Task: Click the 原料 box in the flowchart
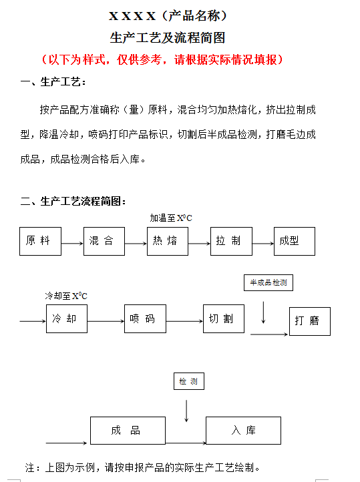click(40, 241)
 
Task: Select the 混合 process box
click(104, 241)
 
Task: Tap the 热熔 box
click(168, 241)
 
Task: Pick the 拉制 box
click(231, 241)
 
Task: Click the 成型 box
click(295, 241)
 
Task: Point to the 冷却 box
click(67, 318)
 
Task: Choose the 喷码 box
click(145, 318)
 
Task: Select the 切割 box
click(224, 318)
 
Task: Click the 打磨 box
click(310, 321)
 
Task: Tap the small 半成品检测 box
click(268, 282)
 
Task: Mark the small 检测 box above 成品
click(189, 381)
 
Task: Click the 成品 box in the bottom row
click(128, 431)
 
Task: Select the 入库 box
click(243, 431)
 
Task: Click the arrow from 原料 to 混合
click(73, 244)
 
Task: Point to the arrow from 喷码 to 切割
click(184, 321)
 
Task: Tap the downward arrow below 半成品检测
click(263, 312)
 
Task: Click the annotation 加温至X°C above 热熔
click(171, 218)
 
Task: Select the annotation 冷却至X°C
click(66, 296)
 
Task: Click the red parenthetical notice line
click(162, 59)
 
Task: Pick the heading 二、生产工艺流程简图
click(73, 202)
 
